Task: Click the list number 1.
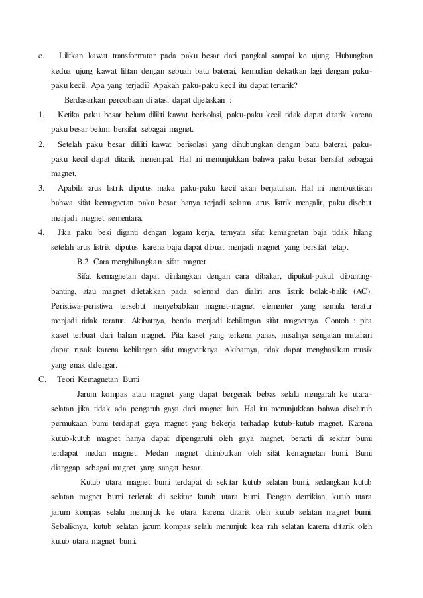(42, 115)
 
